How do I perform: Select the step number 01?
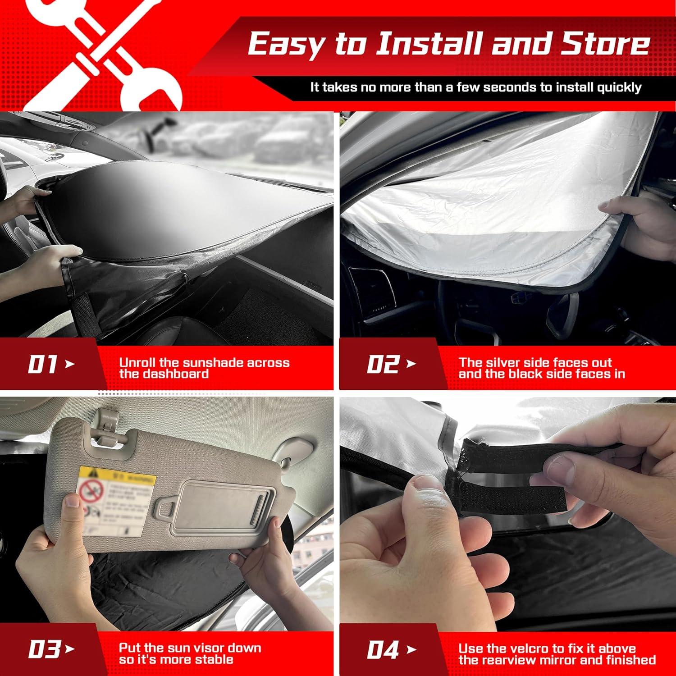coord(42,364)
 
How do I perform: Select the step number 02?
coord(383,364)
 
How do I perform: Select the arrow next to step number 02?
coord(411,364)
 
